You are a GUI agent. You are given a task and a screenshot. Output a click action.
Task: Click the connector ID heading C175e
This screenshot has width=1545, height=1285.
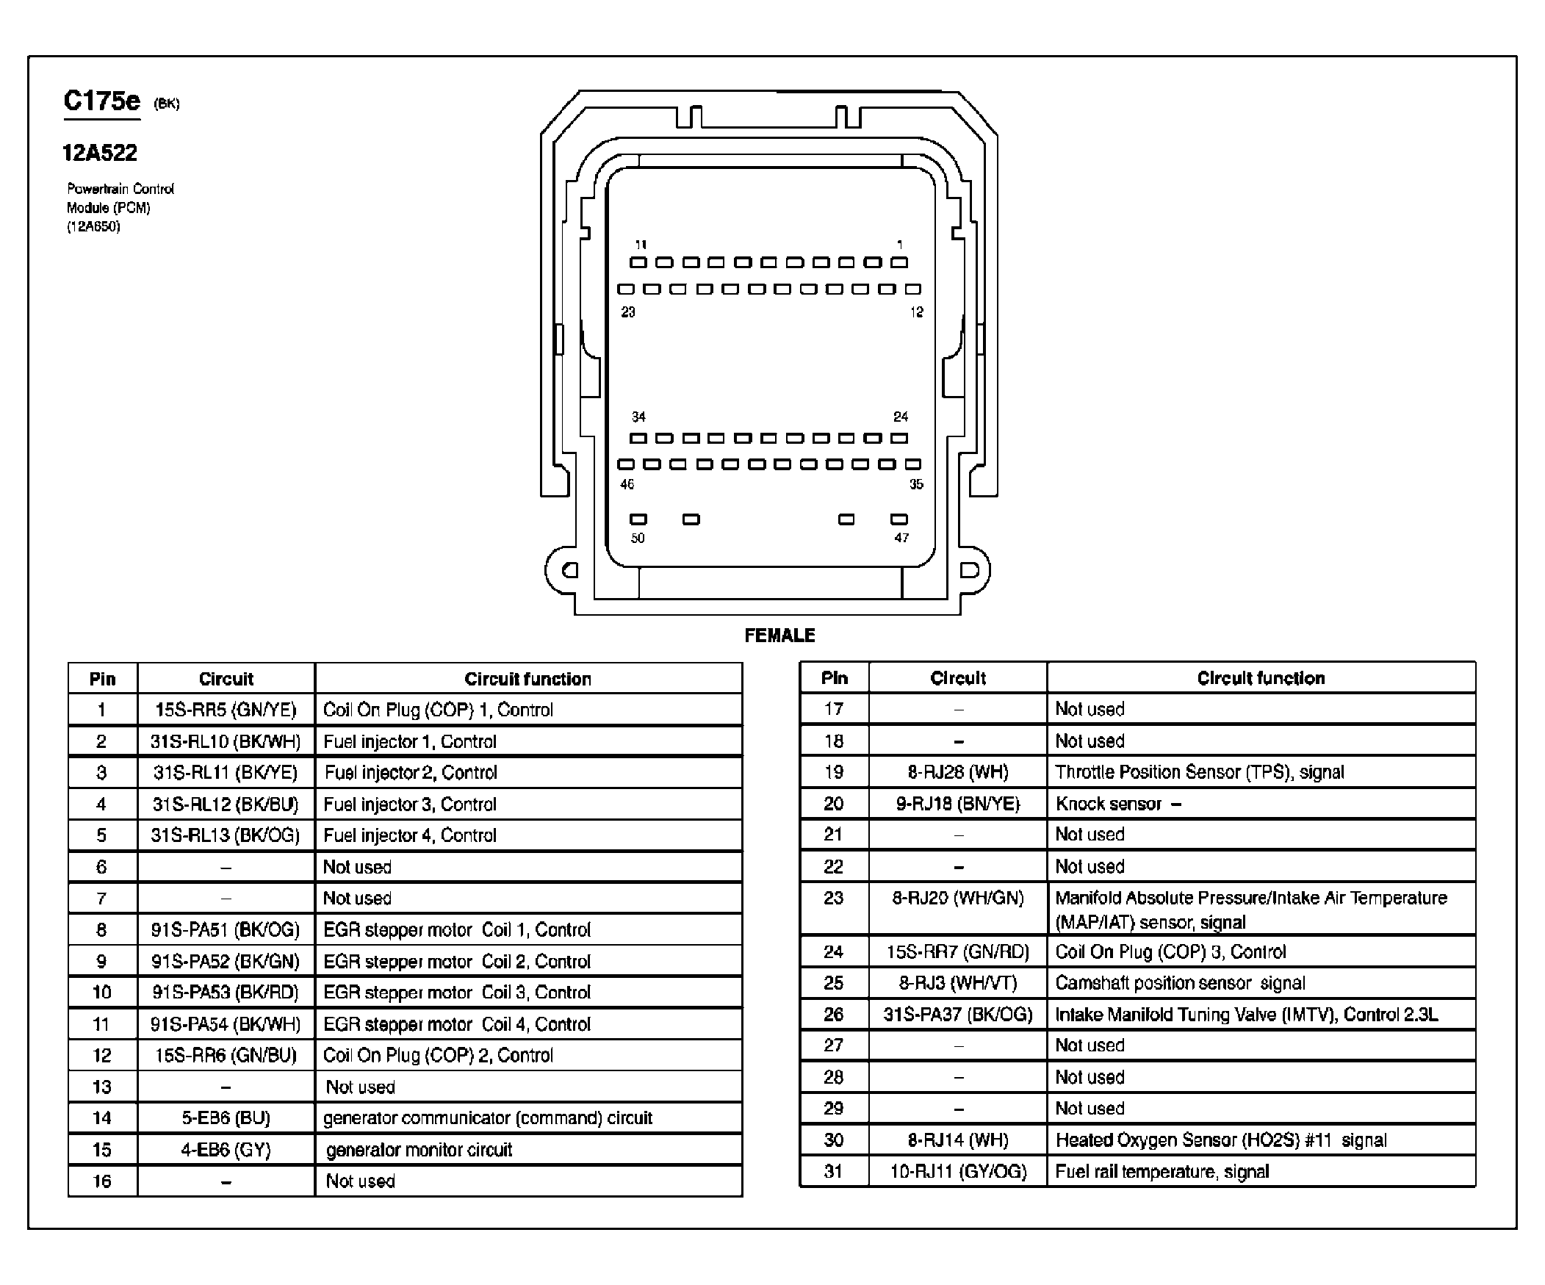pos(101,101)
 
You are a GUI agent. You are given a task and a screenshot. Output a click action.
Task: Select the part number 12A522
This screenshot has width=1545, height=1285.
pos(100,153)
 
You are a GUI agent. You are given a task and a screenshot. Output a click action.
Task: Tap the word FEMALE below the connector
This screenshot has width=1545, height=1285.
pos(780,636)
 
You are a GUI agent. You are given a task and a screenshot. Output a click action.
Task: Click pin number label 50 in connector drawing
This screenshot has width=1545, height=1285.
pos(638,539)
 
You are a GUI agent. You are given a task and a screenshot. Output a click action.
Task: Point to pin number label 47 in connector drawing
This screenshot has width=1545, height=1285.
pos(901,539)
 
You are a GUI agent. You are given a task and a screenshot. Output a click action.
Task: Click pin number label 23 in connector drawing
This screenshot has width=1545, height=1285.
pos(627,312)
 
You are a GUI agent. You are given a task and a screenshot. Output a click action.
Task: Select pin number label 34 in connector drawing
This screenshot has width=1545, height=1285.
pos(638,417)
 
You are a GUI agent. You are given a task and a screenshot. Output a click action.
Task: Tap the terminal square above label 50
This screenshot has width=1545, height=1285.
pos(638,519)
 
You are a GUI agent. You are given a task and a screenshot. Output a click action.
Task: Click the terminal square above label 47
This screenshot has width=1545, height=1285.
pos(899,519)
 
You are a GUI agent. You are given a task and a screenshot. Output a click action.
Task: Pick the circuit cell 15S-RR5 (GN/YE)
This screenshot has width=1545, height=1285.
pos(226,710)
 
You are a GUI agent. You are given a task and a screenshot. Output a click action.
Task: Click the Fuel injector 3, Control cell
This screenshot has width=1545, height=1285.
pos(410,805)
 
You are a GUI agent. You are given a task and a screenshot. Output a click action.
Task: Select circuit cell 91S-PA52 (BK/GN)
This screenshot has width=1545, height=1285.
pos(226,961)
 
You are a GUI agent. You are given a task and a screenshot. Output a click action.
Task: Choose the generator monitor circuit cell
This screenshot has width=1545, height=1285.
pos(419,1150)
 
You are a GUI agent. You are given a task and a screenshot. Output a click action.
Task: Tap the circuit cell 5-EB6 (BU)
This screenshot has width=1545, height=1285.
pos(226,1118)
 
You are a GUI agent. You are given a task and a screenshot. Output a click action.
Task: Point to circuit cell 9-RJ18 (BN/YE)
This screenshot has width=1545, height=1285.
pos(958,804)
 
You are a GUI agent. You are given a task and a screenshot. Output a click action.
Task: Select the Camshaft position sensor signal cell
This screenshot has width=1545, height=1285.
pos(1180,984)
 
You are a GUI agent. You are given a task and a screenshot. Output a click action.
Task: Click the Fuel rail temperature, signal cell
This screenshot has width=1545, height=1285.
pos(1162,1172)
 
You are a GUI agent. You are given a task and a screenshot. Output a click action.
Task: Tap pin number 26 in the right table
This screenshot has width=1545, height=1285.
pos(834,1015)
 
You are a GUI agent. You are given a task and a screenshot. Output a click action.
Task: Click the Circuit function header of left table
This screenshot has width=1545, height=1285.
pos(527,679)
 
